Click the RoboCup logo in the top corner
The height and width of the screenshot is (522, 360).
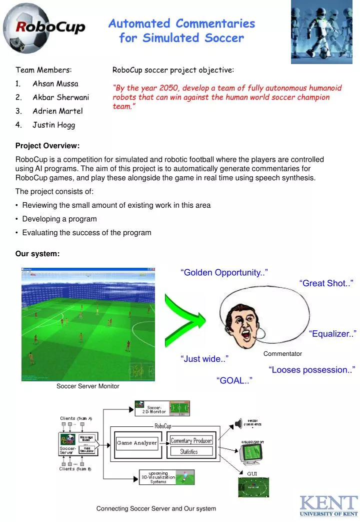point(44,27)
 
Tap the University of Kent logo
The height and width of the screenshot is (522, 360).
point(328,505)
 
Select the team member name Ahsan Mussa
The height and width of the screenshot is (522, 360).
point(55,83)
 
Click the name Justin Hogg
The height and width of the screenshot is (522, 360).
point(53,125)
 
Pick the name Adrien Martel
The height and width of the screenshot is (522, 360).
point(57,111)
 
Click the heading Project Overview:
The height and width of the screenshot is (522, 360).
point(47,146)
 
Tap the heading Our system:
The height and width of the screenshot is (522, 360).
point(37,254)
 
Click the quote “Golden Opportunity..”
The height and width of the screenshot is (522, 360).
point(224,272)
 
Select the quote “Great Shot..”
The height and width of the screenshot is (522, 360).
point(326,283)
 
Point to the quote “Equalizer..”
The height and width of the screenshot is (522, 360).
point(332,334)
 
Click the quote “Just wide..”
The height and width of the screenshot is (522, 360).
point(204,358)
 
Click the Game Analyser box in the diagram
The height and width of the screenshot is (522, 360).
point(137,442)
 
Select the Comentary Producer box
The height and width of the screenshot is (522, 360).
point(191,440)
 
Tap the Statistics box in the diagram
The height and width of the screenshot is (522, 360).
point(188,451)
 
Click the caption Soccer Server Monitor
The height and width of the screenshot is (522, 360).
point(87,386)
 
